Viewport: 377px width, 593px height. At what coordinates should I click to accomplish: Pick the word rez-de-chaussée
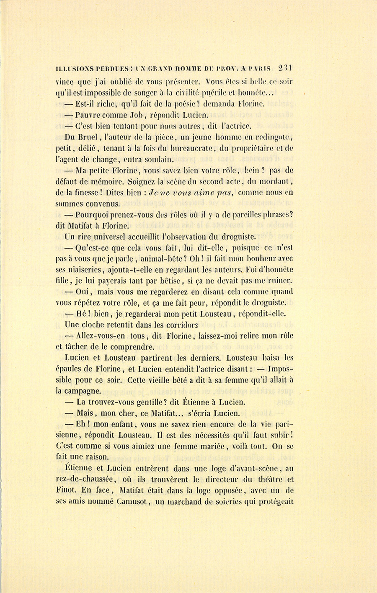[x=86, y=480]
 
